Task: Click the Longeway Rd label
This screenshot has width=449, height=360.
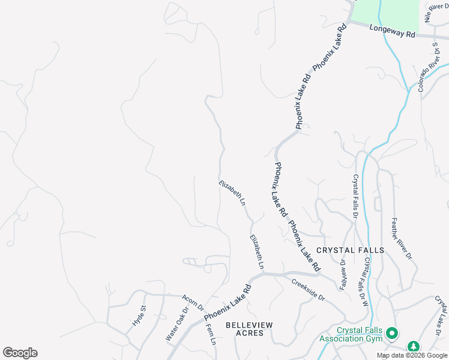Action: (x=393, y=31)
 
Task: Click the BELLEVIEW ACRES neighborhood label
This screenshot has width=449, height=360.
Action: (x=249, y=329)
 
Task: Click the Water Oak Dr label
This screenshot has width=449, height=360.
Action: (x=177, y=325)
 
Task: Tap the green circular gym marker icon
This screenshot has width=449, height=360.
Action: (x=392, y=332)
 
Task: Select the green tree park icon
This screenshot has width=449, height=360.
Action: (x=413, y=346)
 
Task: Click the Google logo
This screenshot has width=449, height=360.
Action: (x=20, y=353)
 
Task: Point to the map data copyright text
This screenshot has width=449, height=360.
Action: (x=412, y=355)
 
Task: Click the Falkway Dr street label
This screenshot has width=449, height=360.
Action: (x=343, y=275)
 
